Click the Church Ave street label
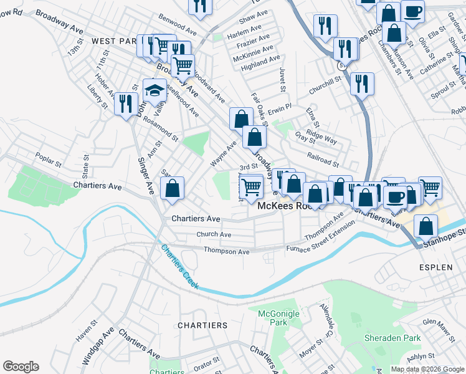click(x=214, y=234)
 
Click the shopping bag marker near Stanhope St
click(x=425, y=228)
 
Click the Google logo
click(x=21, y=367)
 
